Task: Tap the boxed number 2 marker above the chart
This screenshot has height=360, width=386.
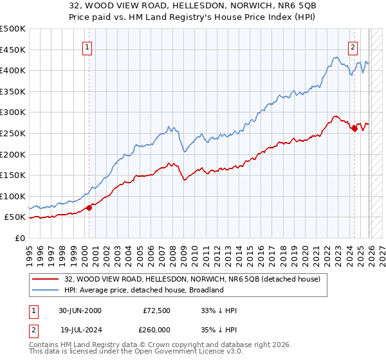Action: (x=353, y=46)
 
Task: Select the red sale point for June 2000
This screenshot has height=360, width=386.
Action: (x=89, y=208)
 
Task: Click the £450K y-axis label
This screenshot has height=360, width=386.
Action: (x=14, y=50)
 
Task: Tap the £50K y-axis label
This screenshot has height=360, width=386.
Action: (x=16, y=217)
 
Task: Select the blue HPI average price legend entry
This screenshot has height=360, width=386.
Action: (x=143, y=290)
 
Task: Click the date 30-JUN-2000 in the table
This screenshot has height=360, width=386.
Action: (x=80, y=310)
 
